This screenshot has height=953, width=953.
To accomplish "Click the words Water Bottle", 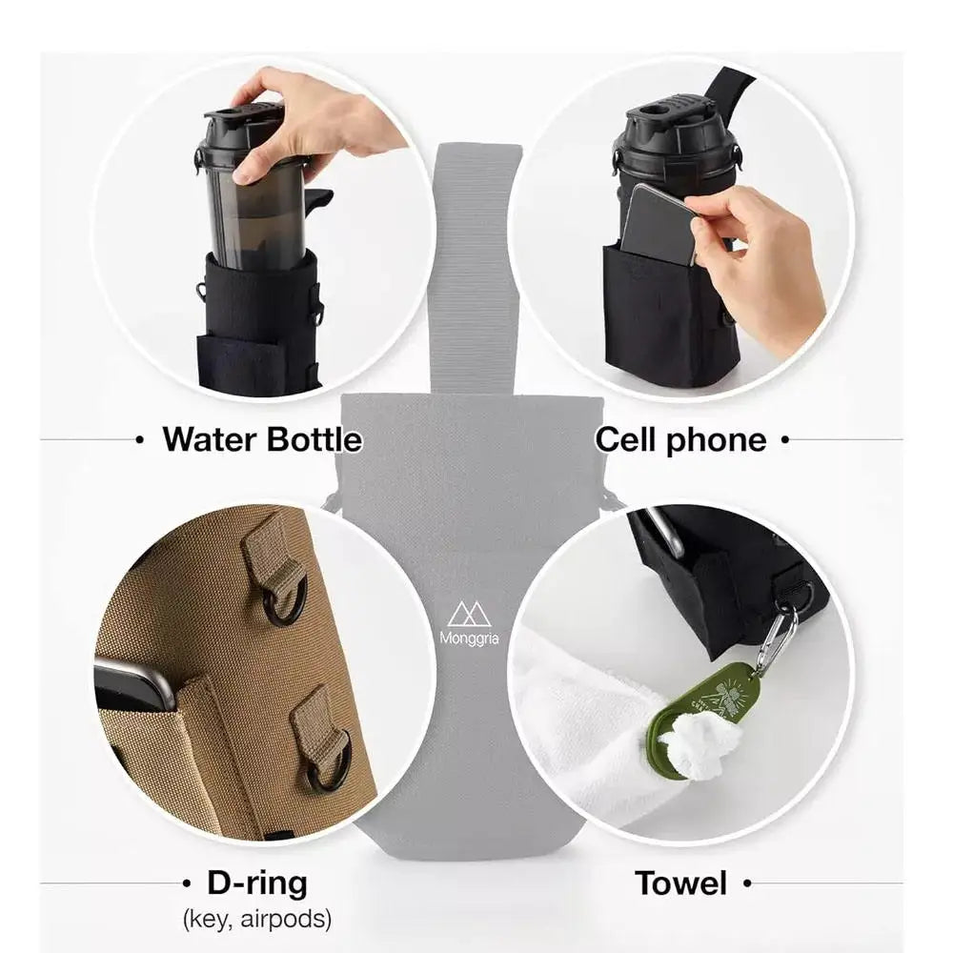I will (x=262, y=439).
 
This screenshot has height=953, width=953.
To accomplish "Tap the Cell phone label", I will (x=680, y=439).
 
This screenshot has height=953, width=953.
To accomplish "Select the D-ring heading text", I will (x=257, y=883).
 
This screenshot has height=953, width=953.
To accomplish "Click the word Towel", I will (x=681, y=883).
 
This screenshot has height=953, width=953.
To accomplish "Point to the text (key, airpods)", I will (x=256, y=920).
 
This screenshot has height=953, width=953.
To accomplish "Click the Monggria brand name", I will (x=468, y=639).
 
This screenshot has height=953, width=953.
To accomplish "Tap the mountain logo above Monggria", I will (x=468, y=613).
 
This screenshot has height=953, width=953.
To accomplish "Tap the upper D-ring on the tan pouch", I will (x=284, y=596).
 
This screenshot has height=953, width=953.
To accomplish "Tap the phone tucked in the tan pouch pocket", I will (x=133, y=682).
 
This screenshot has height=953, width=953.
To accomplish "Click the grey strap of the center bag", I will (x=476, y=267).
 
